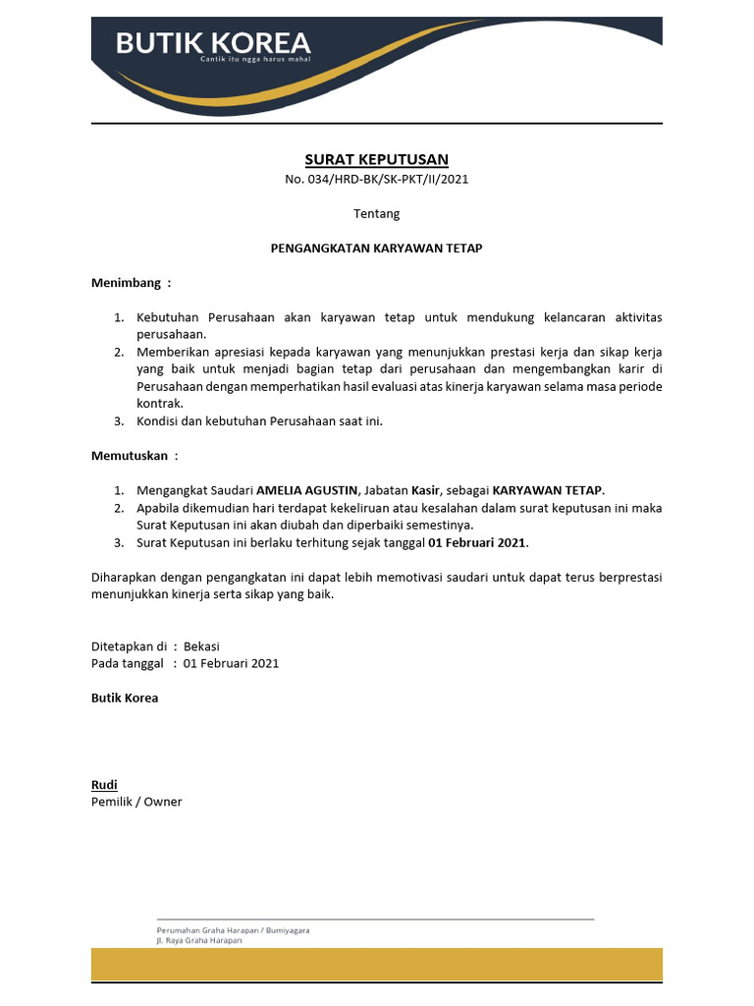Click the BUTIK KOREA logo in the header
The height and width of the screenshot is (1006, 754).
pos(213,42)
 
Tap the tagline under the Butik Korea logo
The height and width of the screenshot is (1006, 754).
pos(247,60)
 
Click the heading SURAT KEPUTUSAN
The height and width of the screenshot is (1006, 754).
pos(376,159)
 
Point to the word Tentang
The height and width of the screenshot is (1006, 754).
pos(376,213)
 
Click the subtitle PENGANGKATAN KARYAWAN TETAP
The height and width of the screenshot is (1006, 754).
pos(376,249)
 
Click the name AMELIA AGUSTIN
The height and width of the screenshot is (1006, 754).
pos(308,490)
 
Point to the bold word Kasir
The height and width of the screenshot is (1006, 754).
pos(425,490)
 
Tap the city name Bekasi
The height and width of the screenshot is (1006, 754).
pos(201,646)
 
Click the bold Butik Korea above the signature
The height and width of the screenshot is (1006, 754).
pos(125,698)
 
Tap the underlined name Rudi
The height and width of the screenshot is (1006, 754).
pos(104,785)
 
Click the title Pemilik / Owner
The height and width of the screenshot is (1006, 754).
pos(136,802)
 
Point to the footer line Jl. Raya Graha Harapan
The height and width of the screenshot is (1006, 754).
pos(199,940)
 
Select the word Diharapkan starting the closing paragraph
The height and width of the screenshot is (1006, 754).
pos(126,578)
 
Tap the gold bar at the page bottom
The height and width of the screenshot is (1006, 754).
pos(376,964)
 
